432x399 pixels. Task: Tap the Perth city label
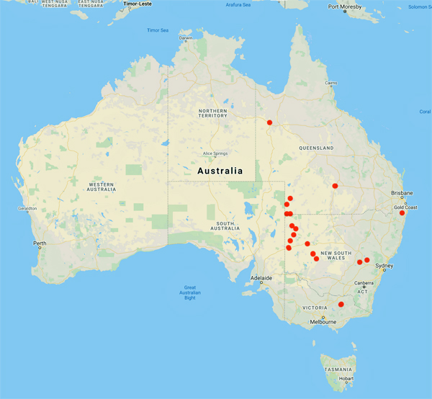click(x=40, y=243)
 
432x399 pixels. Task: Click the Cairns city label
click(x=331, y=83)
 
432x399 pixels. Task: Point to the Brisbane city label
click(x=402, y=193)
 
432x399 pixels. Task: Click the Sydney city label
click(x=384, y=266)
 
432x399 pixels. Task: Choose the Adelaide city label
click(x=261, y=277)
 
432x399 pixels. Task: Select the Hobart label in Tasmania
click(x=346, y=378)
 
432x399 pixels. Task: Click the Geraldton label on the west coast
click(x=18, y=209)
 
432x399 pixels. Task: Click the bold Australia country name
click(x=220, y=171)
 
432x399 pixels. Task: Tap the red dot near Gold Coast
click(x=402, y=212)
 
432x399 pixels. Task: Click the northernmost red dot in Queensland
click(x=269, y=122)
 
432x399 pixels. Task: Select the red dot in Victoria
click(x=341, y=304)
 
